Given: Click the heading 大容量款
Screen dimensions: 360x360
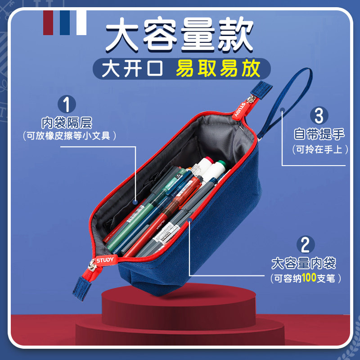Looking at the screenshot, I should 179,36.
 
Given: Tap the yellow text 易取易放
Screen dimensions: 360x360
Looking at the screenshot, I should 218,68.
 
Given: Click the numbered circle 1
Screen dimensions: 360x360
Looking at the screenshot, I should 67,104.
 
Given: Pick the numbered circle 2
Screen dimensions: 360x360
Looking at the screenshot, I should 305,245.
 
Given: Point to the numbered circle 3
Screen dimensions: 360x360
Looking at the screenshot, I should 319,115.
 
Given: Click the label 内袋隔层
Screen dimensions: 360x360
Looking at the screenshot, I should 67,122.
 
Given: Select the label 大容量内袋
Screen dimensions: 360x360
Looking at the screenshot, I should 304,263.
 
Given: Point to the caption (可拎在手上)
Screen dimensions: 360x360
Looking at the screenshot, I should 319,149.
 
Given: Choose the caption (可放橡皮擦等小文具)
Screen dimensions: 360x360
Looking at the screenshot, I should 67,135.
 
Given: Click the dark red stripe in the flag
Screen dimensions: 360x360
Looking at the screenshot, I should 48,21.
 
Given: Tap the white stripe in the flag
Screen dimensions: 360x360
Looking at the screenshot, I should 81,21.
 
